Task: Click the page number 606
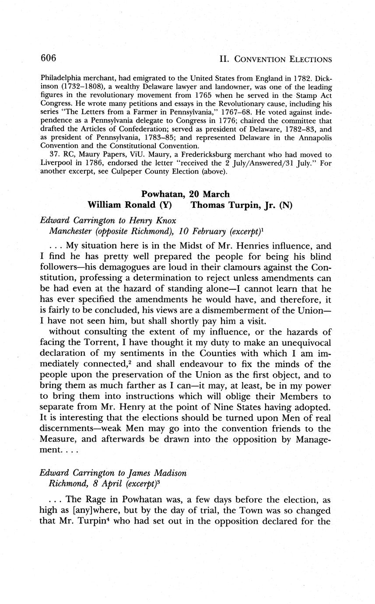pos(49,58)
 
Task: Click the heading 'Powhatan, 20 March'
pos(185,193)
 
